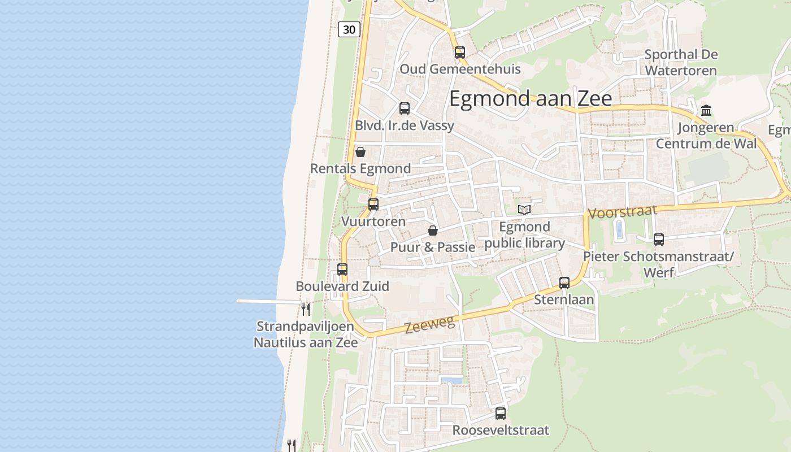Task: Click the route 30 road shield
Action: [x=349, y=29]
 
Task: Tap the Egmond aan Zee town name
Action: [x=531, y=99]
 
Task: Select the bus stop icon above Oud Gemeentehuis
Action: [x=460, y=53]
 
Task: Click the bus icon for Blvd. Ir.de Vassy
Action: [x=405, y=108]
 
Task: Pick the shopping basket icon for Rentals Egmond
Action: [x=360, y=152]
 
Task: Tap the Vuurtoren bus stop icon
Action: [x=373, y=205]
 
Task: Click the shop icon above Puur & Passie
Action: [x=433, y=231]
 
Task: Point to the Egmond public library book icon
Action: [x=524, y=210]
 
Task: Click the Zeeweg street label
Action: [x=429, y=325]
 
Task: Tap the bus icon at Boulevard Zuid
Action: [x=342, y=270]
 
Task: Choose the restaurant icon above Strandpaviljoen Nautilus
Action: [x=306, y=309]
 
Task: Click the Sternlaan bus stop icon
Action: [x=564, y=283]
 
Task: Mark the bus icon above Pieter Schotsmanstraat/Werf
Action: [x=659, y=240]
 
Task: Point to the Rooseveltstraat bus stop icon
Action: [x=501, y=414]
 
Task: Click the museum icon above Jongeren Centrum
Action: [x=706, y=110]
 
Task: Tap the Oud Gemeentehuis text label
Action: [x=460, y=69]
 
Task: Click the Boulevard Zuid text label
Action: [x=342, y=286]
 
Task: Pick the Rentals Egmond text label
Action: [x=360, y=169]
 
